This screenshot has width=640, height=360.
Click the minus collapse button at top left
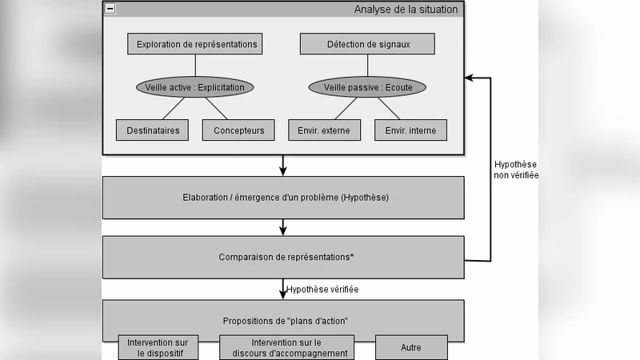pyautogui.click(x=110, y=9)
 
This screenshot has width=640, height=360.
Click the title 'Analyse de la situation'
pyautogui.click(x=406, y=10)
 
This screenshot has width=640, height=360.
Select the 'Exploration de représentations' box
pyautogui.click(x=196, y=44)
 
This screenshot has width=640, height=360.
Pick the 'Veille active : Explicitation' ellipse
pyautogui.click(x=196, y=86)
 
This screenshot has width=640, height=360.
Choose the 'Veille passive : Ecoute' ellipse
pyautogui.click(x=374, y=86)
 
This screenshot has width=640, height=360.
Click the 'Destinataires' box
pyautogui.click(x=153, y=130)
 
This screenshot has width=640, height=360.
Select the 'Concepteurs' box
pyautogui.click(x=238, y=130)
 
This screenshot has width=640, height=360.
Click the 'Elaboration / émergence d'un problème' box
pyautogui.click(x=283, y=197)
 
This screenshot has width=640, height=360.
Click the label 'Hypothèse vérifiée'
pyautogui.click(x=322, y=289)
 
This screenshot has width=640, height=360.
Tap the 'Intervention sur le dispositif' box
pyautogui.click(x=158, y=348)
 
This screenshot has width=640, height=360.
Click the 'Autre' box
pyautogui.click(x=410, y=348)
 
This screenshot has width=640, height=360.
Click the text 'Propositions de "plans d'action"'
pyautogui.click(x=283, y=321)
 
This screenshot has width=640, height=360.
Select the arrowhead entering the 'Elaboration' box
pyautogui.click(x=283, y=171)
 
